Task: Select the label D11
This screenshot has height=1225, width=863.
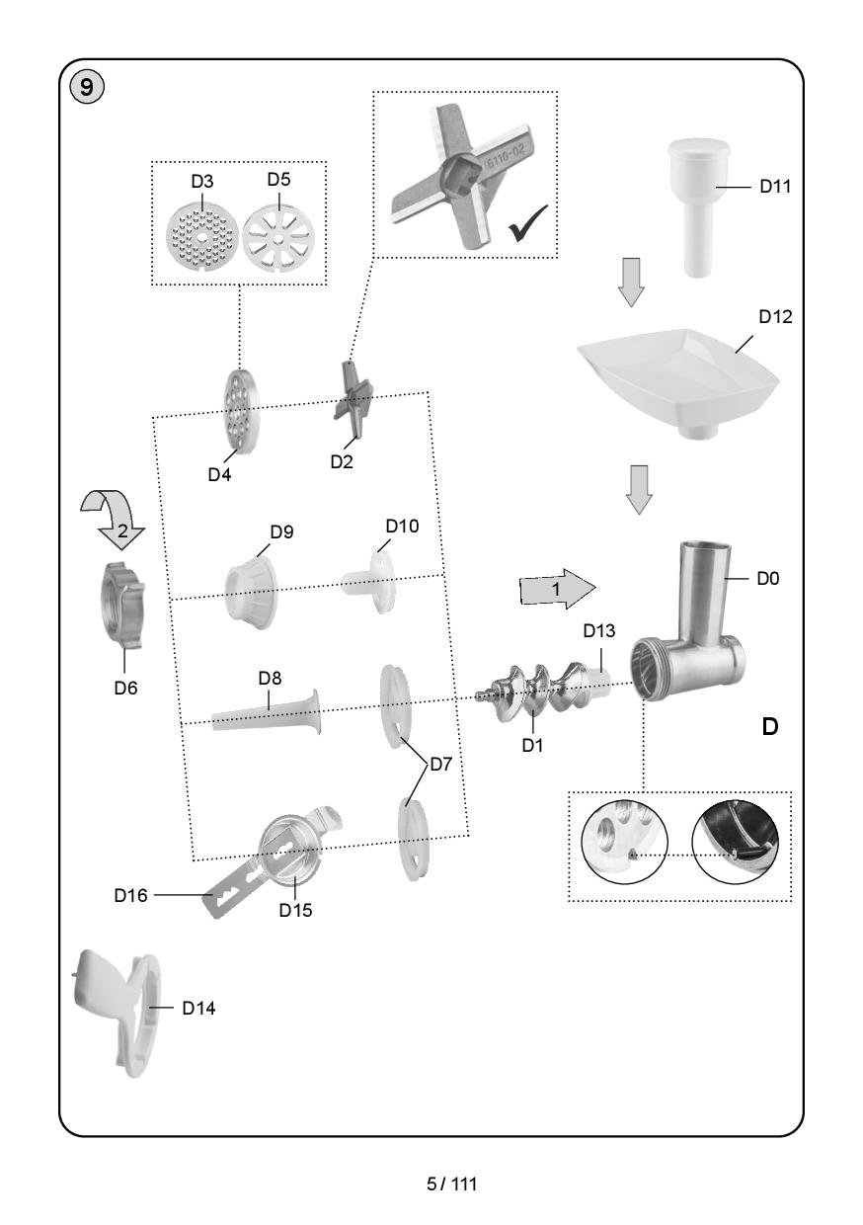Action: point(776,186)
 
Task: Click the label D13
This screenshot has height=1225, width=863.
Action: point(598,631)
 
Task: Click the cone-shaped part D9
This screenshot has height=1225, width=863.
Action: point(251,590)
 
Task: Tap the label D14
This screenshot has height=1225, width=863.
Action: point(198,1009)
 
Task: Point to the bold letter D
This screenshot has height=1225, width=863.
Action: point(769,727)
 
